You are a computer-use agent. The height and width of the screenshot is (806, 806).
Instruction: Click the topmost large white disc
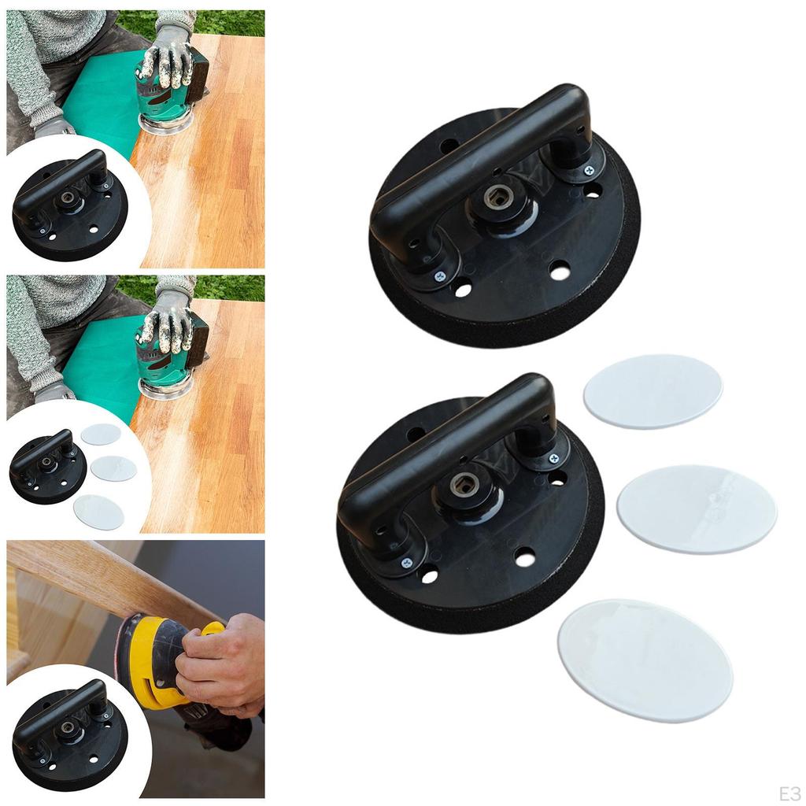(653, 391)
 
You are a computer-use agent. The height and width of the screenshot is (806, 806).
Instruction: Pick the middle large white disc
(697, 509)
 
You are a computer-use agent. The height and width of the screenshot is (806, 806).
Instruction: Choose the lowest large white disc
(645, 660)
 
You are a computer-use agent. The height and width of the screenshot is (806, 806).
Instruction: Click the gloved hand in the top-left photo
(168, 58)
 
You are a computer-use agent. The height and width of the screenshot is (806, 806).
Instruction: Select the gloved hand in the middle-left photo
(168, 323)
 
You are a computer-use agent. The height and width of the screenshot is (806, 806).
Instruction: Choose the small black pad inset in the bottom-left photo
(69, 736)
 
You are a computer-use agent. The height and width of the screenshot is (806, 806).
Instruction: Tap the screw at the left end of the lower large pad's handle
(407, 563)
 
